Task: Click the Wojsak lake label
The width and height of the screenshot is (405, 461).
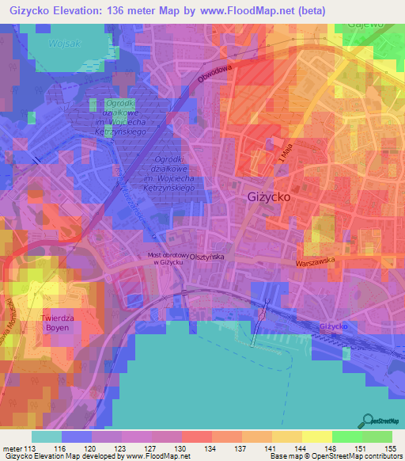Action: click(66, 44)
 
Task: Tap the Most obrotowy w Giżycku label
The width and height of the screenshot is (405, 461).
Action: click(171, 259)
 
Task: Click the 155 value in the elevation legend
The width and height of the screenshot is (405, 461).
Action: click(389, 448)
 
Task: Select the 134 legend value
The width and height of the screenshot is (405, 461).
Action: click(210, 448)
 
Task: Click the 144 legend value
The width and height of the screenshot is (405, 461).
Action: click(300, 448)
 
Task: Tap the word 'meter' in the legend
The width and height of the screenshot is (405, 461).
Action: click(12, 448)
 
